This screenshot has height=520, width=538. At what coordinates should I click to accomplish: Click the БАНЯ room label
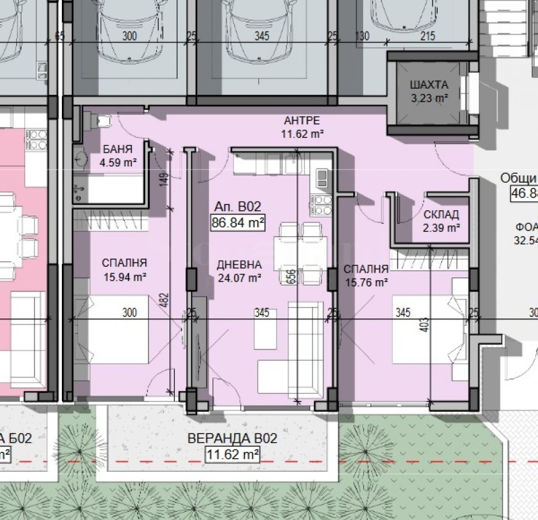pos(118,149)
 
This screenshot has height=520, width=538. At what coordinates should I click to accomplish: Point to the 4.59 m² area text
pos(118,161)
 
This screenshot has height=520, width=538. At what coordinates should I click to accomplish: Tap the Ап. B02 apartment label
pos(237,207)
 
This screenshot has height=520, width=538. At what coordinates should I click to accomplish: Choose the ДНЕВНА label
pos(238,264)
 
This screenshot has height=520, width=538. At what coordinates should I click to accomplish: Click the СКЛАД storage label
pos(441,215)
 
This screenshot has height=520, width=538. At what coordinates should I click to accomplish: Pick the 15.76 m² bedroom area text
pos(366,281)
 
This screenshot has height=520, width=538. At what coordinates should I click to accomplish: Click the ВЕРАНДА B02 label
pos(233,439)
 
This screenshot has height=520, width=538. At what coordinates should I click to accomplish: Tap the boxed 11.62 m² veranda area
pos(232,455)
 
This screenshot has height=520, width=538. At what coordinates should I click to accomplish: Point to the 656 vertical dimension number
pos(292,277)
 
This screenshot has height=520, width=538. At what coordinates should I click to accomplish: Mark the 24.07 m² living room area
pos(238,277)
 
